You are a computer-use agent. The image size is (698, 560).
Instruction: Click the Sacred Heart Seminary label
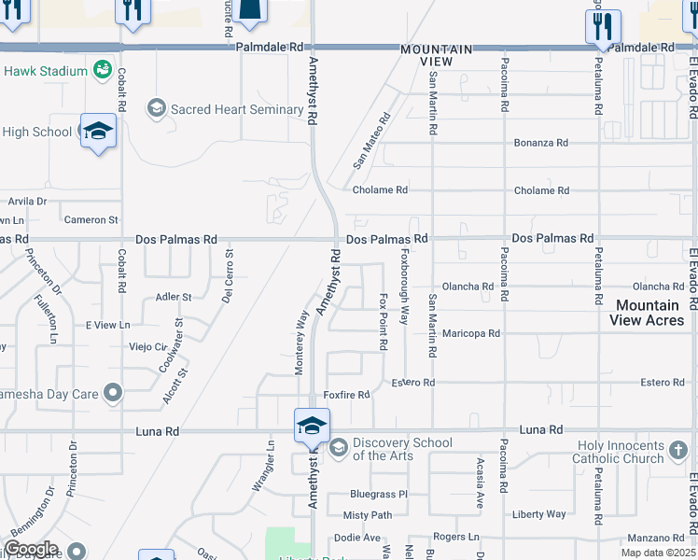click(x=237, y=109)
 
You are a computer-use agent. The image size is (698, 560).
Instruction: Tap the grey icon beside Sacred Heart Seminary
click(x=156, y=109)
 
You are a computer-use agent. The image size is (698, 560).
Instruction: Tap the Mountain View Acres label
click(x=647, y=313)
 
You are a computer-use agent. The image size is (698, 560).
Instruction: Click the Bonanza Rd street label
click(x=541, y=143)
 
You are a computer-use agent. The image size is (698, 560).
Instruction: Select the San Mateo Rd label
click(x=370, y=141)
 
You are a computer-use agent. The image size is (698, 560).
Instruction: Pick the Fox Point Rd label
click(x=384, y=322)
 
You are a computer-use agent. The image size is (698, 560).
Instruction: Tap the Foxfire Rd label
click(x=347, y=395)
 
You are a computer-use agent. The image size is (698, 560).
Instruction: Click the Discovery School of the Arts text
click(x=402, y=449)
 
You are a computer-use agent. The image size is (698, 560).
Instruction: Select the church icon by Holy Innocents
click(x=678, y=452)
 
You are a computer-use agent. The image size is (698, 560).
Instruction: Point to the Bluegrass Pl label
click(x=379, y=494)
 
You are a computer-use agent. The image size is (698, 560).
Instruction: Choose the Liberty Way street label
click(x=539, y=514)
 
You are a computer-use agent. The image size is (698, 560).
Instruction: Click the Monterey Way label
click(x=300, y=343)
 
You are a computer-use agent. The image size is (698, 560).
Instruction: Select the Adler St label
click(x=174, y=297)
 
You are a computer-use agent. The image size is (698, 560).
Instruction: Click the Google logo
click(x=31, y=549)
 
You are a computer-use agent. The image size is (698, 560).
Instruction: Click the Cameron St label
click(x=91, y=220)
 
